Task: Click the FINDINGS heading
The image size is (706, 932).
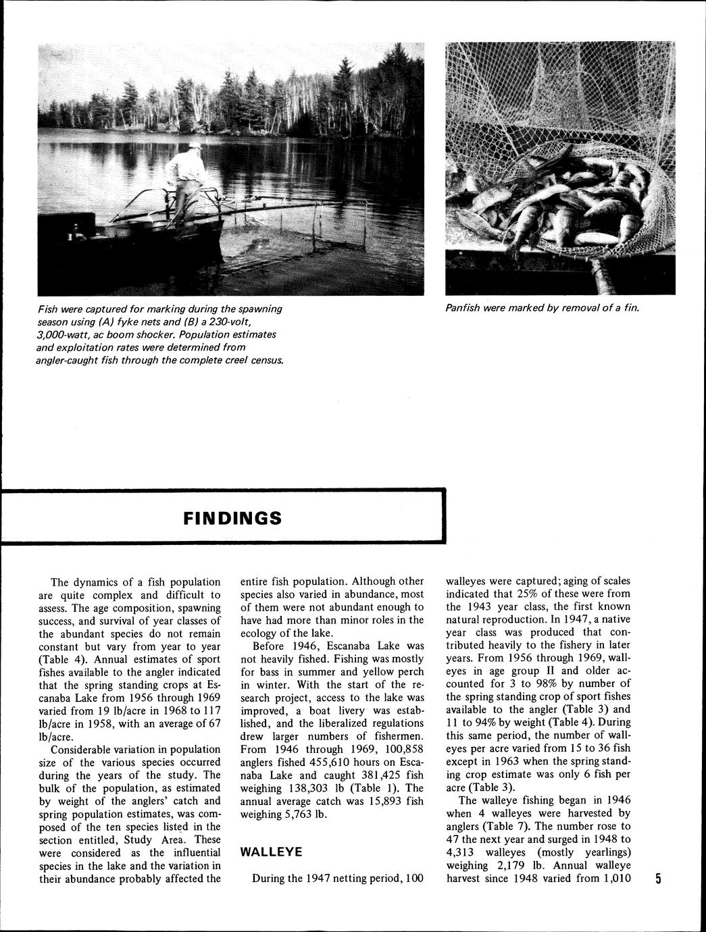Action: point(232,518)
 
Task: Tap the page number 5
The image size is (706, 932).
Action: point(658,879)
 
